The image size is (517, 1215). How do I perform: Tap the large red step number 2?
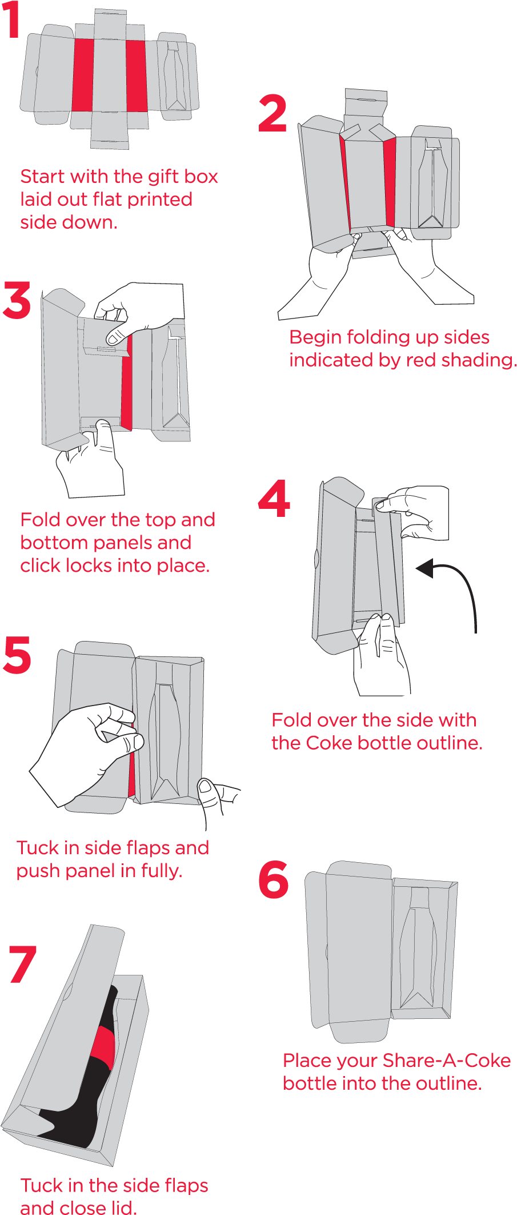point(272,113)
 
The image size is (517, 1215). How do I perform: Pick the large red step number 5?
point(17,654)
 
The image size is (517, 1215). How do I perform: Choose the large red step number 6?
point(274,879)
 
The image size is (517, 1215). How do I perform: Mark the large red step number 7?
point(23,965)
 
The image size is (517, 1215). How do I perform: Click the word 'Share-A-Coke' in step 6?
point(447,1061)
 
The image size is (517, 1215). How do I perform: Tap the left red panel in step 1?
point(83,75)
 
